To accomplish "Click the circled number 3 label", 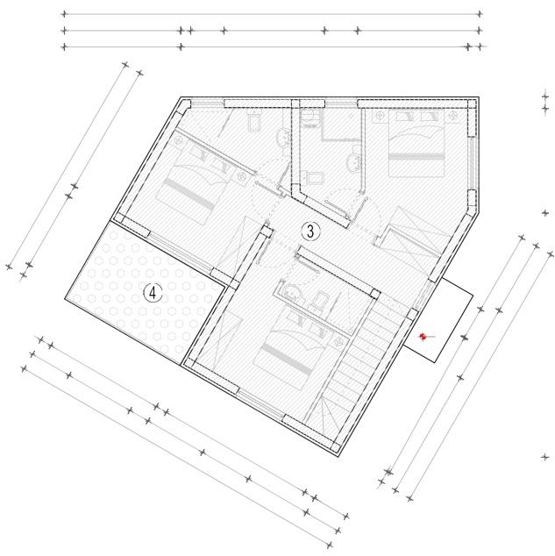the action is pyautogui.click(x=310, y=232).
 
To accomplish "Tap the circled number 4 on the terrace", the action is pyautogui.click(x=153, y=293).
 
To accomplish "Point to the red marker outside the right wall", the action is pyautogui.click(x=423, y=337).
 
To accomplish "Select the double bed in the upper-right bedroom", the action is pyautogui.click(x=416, y=143).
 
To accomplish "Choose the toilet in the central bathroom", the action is pyautogui.click(x=312, y=177).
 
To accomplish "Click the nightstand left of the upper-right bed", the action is pyautogui.click(x=380, y=116).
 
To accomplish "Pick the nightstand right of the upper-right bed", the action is pyautogui.click(x=453, y=116).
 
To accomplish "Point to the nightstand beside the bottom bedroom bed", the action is pyautogui.click(x=338, y=341).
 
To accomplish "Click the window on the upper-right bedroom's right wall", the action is pyautogui.click(x=472, y=163).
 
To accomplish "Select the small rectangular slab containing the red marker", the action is pyautogui.click(x=439, y=320).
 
